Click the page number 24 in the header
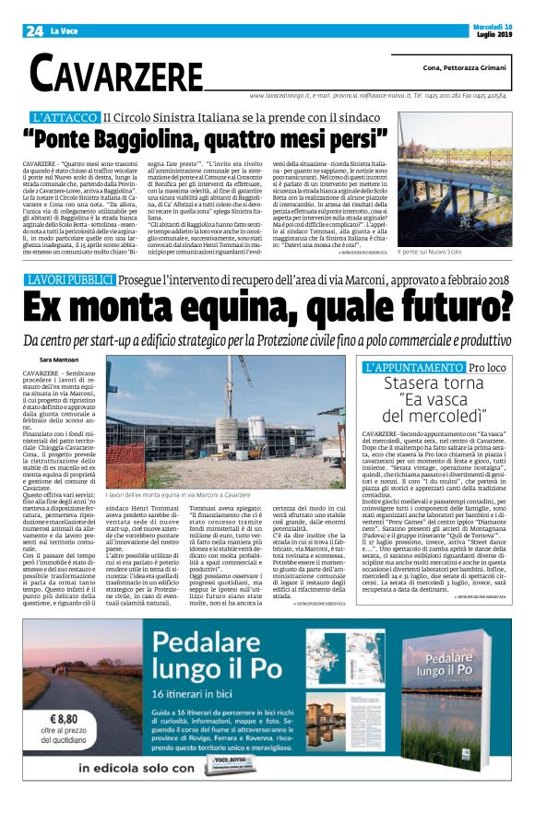coord(35,30)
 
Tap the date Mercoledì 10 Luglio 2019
coord(485,29)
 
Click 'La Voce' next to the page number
coord(64,31)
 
